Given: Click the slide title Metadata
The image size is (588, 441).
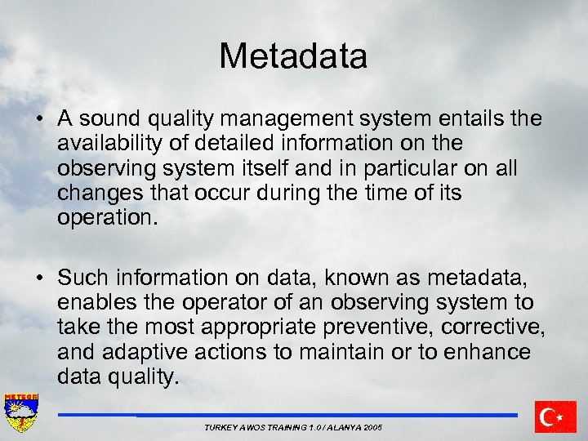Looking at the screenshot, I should [293, 56].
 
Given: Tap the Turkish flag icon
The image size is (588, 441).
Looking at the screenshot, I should [555, 416].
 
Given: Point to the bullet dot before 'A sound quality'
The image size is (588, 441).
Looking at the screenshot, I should [39, 119].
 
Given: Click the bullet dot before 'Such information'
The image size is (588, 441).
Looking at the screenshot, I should [39, 278].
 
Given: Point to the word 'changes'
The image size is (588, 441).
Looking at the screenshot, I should [97, 193].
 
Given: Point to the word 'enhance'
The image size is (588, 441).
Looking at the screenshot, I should [488, 352].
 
